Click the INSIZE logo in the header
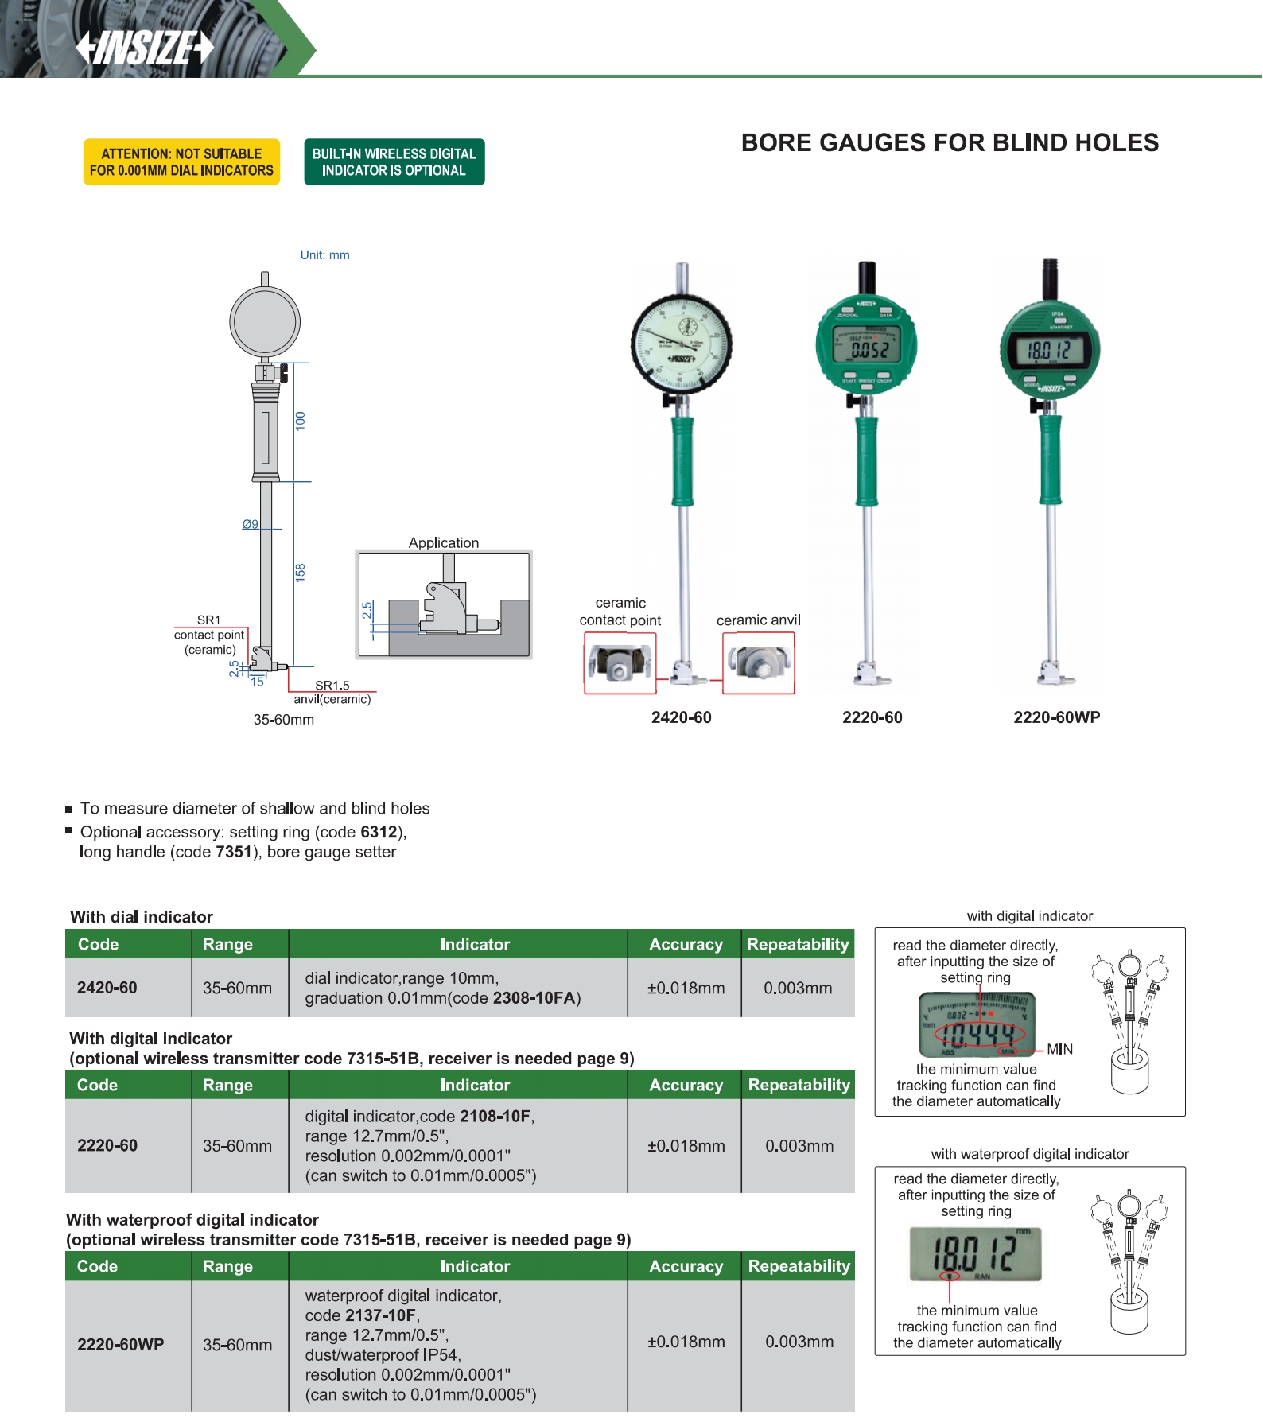[145, 48]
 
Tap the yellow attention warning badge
[181, 162]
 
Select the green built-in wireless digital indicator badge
[394, 162]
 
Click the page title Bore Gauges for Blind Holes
[950, 143]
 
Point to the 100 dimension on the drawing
[300, 421]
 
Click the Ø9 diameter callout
[251, 524]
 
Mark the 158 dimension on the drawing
[300, 572]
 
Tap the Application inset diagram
[444, 604]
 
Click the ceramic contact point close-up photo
[620, 663]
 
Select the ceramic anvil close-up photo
[759, 663]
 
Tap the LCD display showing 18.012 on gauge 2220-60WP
[1049, 350]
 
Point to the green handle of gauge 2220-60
[867, 461]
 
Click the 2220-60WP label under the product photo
[1056, 717]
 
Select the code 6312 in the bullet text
[379, 832]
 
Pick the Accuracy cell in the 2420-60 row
[686, 988]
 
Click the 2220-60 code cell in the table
[107, 1145]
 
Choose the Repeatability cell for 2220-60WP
[799, 1342]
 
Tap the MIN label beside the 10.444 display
[1059, 1049]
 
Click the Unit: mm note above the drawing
[324, 255]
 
